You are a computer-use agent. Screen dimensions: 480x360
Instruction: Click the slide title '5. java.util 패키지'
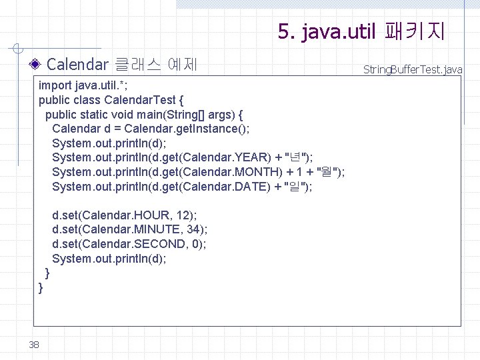coord(362,31)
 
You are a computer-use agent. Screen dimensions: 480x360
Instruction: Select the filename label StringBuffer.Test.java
coord(413,69)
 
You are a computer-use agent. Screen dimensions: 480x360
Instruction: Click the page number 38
coord(35,344)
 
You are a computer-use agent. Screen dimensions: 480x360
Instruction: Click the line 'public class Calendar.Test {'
coord(111,100)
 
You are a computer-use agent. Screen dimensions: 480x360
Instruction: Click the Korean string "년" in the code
coord(296,157)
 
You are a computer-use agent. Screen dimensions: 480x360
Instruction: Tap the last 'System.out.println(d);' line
coord(109,259)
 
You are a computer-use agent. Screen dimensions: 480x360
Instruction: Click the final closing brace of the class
coord(41,287)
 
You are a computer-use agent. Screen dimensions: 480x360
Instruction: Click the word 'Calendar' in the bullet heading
coord(77,65)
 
